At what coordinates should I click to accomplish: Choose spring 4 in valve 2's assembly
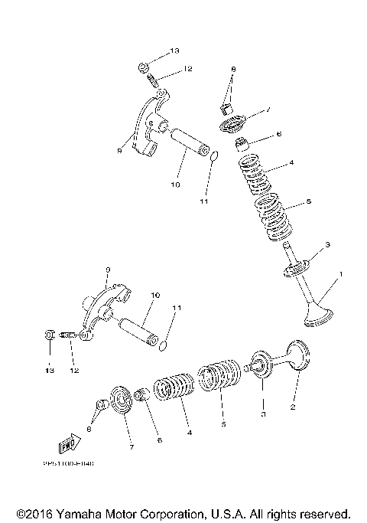(x=175, y=385)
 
